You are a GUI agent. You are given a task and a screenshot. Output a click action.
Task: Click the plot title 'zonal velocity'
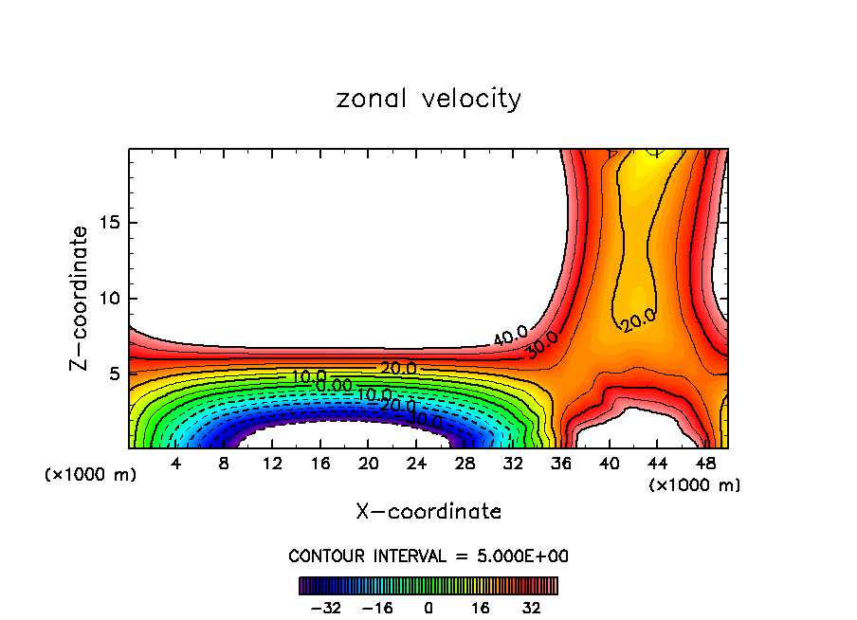point(428,99)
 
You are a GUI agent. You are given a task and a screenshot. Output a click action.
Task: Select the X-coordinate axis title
point(428,511)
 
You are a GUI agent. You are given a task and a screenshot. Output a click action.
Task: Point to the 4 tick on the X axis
point(176,465)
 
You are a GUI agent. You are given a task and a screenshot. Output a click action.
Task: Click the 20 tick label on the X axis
point(369,465)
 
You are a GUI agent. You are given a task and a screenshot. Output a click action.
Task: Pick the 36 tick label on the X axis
point(562,465)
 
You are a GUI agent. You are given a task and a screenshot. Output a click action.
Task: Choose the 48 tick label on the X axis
point(706,465)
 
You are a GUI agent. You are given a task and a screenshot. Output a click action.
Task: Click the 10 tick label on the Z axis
point(105,299)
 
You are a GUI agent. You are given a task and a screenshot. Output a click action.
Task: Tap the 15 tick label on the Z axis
point(105,223)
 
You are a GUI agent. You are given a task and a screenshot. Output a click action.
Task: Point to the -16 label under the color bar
point(377,608)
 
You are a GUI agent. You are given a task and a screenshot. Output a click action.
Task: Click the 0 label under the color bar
point(428,608)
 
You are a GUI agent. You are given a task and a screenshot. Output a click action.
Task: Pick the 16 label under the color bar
point(480,608)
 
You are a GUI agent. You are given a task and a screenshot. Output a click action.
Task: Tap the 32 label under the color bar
point(531,608)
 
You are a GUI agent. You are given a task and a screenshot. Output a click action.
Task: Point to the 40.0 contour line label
point(510,335)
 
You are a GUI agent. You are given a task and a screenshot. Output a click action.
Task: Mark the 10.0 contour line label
point(309,377)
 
